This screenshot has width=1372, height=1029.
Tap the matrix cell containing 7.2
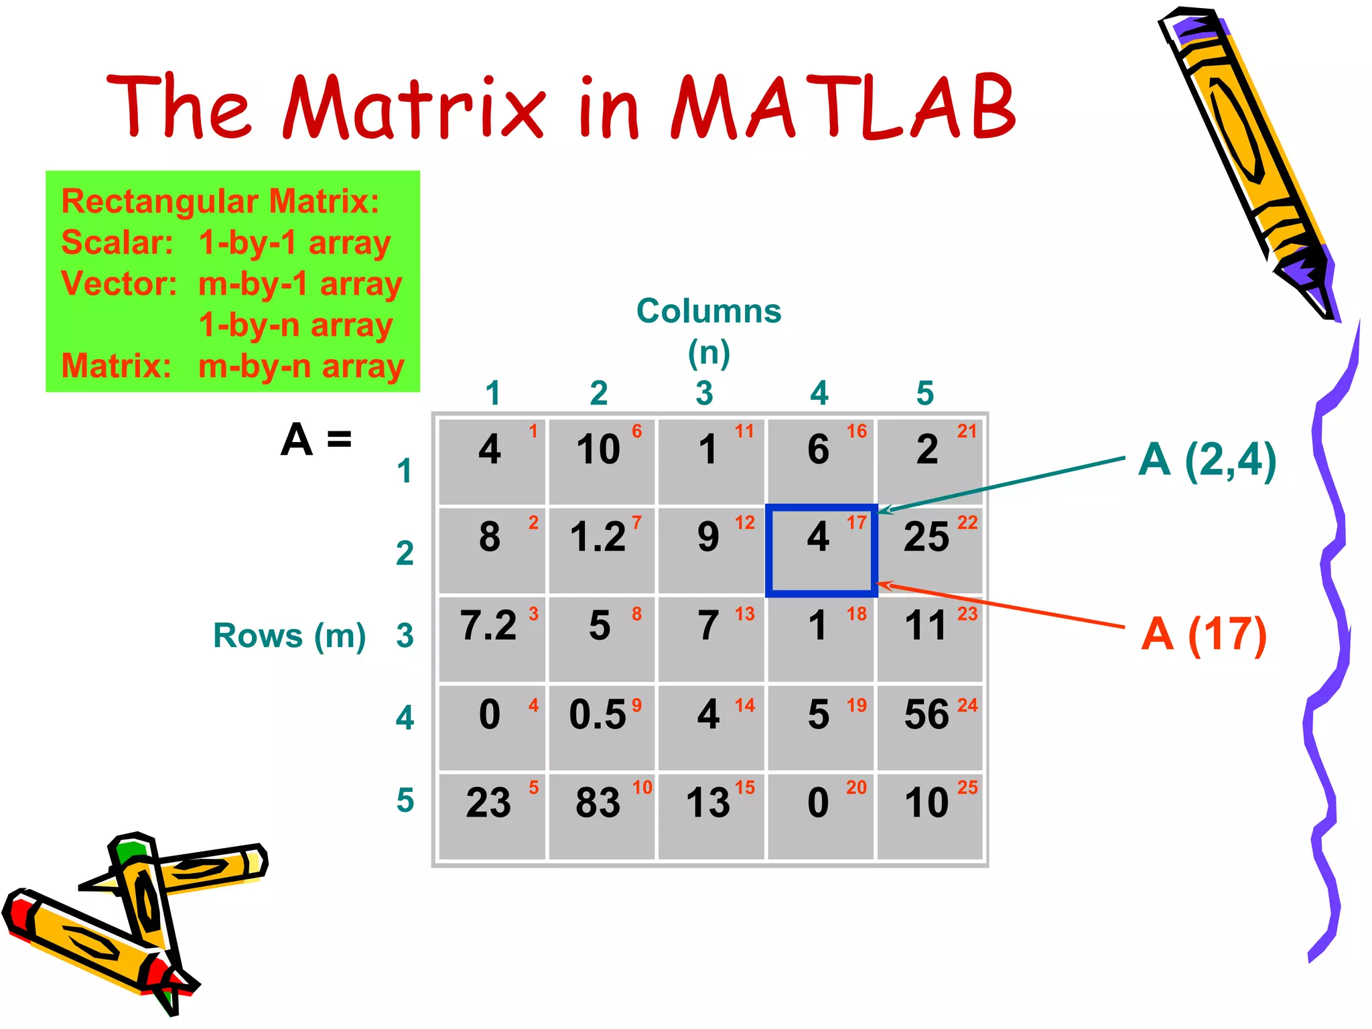point(492,638)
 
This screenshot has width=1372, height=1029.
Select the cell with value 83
point(601,816)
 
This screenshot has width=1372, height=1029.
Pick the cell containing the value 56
point(930,727)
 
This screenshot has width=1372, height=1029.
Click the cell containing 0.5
point(601,727)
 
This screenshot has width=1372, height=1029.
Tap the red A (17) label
point(1204,634)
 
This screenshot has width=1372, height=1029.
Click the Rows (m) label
point(289,635)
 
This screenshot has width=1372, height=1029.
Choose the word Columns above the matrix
point(709,311)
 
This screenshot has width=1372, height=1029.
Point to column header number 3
point(704,393)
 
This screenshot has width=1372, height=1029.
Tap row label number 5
point(405,800)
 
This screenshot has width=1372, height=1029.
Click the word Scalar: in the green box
point(117,243)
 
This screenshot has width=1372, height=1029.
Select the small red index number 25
point(967,787)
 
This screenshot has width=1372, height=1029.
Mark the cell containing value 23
point(492,816)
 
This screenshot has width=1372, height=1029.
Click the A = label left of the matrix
point(316,440)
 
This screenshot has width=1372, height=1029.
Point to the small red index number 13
point(744,614)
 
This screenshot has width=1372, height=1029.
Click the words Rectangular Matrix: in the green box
point(220,201)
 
